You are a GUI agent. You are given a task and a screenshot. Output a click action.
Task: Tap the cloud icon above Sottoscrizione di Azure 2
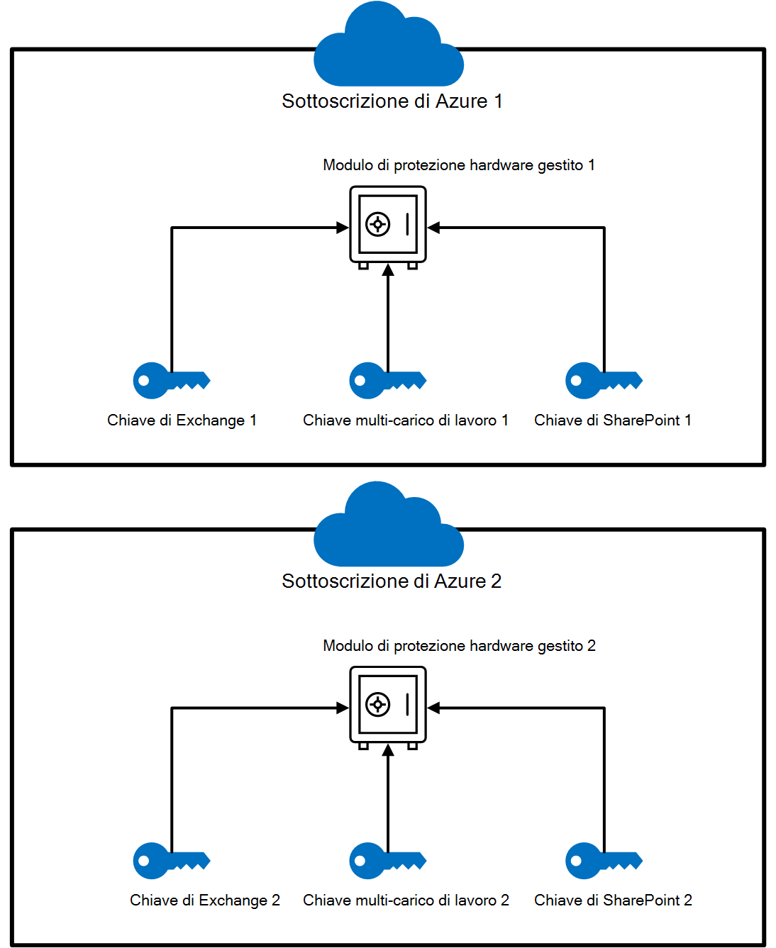click(x=388, y=528)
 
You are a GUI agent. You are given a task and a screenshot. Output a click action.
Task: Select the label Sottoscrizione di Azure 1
click(x=392, y=101)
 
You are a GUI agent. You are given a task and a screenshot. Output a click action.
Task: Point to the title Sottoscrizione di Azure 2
click(x=392, y=581)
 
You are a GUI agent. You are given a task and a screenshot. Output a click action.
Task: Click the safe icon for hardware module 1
click(x=388, y=225)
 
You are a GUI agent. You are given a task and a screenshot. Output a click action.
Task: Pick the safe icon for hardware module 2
click(x=388, y=706)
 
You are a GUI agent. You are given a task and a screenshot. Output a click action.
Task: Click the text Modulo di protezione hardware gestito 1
click(x=459, y=165)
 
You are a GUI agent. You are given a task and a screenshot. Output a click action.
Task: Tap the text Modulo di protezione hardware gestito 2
click(x=459, y=646)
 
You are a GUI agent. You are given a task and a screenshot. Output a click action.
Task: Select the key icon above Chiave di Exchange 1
click(x=171, y=381)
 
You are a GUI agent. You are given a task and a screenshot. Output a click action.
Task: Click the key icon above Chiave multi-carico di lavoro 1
click(x=387, y=381)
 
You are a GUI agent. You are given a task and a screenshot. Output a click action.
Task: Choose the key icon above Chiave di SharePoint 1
click(x=604, y=381)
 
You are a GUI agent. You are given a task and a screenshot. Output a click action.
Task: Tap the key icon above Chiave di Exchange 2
click(x=171, y=861)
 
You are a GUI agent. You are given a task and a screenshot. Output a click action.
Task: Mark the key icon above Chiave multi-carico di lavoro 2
click(x=387, y=861)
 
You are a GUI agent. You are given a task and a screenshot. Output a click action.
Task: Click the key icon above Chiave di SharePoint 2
click(x=604, y=861)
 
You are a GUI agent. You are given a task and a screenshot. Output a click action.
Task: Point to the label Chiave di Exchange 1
click(x=182, y=420)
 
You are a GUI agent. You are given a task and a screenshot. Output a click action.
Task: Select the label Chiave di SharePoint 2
click(x=613, y=900)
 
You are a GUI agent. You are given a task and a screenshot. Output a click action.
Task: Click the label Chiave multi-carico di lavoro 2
click(x=406, y=900)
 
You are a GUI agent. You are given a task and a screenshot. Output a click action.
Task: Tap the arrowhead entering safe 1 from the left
click(x=343, y=228)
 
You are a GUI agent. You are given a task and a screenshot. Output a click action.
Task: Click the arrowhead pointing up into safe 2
click(x=388, y=750)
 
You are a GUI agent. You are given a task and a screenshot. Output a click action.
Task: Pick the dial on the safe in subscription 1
click(x=377, y=225)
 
